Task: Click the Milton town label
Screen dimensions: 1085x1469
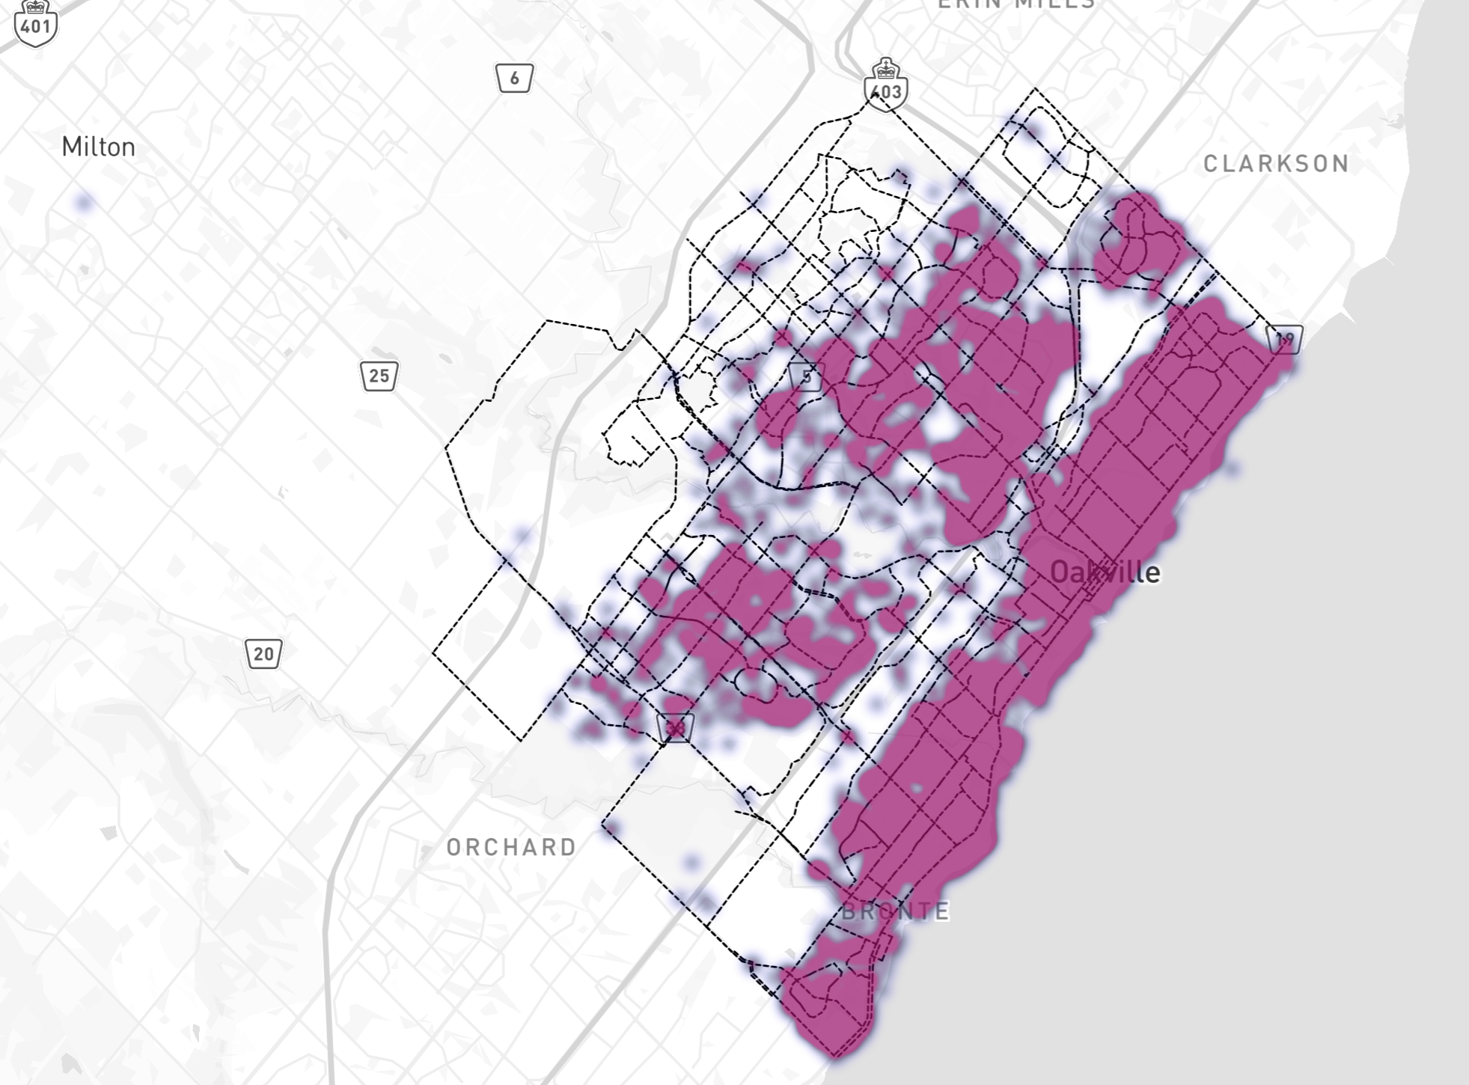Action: click(98, 147)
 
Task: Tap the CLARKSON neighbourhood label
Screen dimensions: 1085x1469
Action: click(1276, 164)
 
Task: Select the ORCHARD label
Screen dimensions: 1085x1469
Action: click(512, 847)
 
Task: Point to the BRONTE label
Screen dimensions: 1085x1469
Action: click(895, 911)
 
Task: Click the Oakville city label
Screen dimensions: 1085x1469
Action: click(1105, 572)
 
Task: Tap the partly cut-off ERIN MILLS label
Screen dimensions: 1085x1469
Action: click(1016, 4)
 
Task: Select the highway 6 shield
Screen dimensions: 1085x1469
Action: click(514, 79)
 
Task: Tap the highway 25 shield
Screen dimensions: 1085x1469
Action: click(379, 376)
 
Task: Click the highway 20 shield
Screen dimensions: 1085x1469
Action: click(263, 654)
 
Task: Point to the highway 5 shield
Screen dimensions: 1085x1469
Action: click(806, 377)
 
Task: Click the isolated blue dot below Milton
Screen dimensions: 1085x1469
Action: click(84, 201)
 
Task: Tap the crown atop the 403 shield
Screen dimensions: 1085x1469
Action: click(886, 69)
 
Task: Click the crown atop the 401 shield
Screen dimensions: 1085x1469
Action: click(36, 7)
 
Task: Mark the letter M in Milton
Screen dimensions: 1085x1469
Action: click(70, 147)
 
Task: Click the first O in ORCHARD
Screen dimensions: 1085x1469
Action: click(453, 847)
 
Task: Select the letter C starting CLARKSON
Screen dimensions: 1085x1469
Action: click(1211, 164)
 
